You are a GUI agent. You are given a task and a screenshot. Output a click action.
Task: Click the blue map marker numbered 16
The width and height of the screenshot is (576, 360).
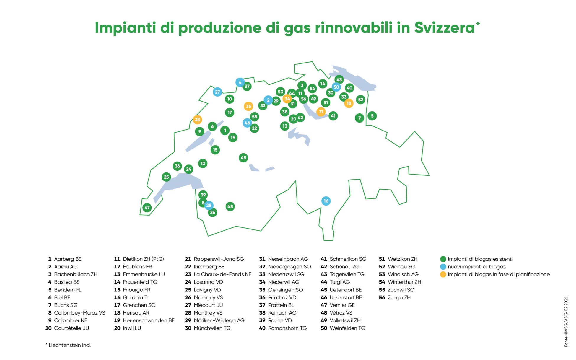(326, 201)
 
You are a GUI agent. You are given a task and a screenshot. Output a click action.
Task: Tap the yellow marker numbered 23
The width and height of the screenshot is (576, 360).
(197, 120)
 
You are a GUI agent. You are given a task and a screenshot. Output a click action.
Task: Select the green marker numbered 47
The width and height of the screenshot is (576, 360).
(147, 207)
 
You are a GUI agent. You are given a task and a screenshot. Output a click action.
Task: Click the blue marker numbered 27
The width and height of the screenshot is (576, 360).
(217, 92)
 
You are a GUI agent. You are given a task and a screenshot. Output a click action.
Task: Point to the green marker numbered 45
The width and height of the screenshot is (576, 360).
(243, 158)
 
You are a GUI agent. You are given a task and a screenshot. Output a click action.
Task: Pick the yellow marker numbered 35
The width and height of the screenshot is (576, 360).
(248, 106)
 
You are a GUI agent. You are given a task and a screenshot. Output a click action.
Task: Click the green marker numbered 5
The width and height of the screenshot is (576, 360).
(372, 116)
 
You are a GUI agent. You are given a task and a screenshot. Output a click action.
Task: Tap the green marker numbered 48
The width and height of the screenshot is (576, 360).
(230, 206)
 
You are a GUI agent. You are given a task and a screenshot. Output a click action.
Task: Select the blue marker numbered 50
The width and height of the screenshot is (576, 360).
(336, 87)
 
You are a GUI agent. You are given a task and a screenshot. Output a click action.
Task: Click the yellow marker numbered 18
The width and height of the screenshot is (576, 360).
(349, 103)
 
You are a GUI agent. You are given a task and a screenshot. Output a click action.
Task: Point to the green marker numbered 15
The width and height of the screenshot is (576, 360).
(215, 150)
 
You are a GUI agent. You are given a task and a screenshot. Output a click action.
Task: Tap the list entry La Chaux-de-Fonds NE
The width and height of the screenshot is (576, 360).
(222, 274)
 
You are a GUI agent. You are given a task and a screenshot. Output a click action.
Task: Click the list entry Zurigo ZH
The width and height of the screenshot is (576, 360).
(399, 297)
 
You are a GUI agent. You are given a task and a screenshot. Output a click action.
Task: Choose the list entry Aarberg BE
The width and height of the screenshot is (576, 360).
(68, 259)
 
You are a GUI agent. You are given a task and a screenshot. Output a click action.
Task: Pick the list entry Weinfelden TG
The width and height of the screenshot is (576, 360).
(347, 328)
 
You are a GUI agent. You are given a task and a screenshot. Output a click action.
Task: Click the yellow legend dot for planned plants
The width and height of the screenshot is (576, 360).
(443, 274)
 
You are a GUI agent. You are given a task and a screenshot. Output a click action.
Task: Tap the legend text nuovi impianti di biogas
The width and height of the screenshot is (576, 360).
(477, 267)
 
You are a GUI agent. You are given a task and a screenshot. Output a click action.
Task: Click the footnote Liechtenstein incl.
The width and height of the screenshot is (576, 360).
(70, 345)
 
